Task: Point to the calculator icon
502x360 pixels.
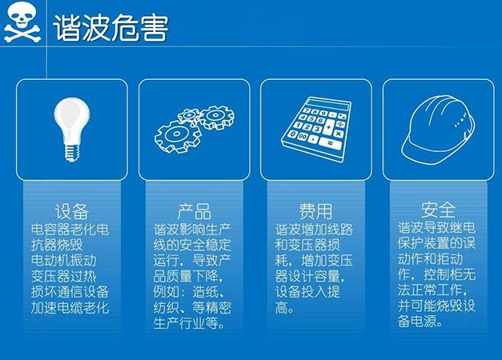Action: [x=315, y=128]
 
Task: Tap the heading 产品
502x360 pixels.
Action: [x=192, y=212]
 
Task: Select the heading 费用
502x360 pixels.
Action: [x=315, y=212]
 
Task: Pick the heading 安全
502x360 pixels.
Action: [x=437, y=212]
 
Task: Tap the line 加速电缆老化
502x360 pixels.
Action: [x=70, y=308]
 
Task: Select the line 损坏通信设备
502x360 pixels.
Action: [x=70, y=292]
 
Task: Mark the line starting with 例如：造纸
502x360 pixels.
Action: [x=192, y=292]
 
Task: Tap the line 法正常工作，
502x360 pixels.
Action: [x=436, y=292]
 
